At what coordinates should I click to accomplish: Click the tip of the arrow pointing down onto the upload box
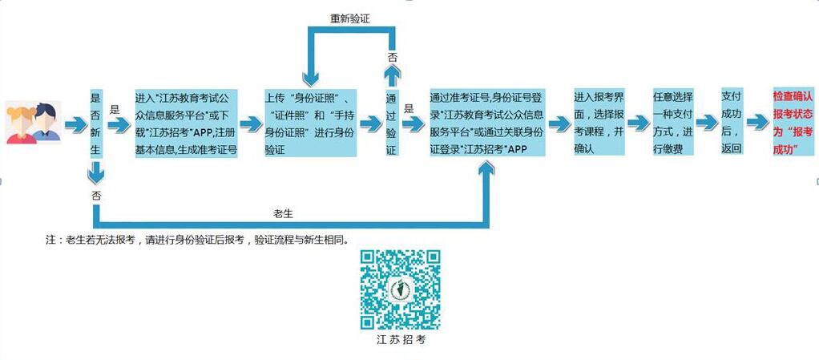(311, 87)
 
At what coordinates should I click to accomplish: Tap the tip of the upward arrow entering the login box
(486, 160)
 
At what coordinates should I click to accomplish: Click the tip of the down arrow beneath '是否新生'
(95, 184)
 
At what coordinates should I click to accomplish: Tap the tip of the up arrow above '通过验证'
(393, 67)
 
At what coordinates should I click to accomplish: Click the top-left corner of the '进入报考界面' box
(574, 87)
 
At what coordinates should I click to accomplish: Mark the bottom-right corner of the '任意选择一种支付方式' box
(694, 156)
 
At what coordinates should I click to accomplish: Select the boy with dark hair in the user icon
(46, 123)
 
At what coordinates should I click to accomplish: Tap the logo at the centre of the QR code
(400, 289)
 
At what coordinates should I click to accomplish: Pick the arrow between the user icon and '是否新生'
(76, 125)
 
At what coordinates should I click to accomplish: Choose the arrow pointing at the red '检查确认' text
(757, 122)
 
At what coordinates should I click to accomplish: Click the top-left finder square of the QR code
(369, 260)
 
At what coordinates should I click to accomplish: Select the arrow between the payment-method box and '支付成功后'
(708, 122)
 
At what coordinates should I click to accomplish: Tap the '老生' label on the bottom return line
(283, 213)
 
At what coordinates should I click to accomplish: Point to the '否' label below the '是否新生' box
(96, 196)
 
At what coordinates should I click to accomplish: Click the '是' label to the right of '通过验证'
(409, 109)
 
